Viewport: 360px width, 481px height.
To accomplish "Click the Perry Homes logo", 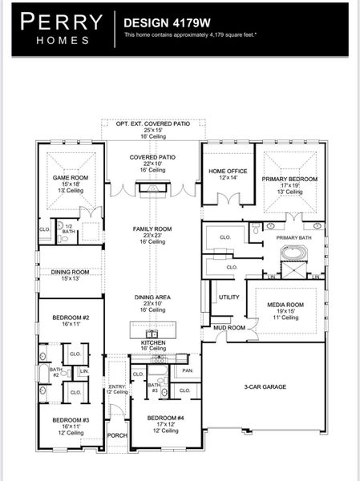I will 61,29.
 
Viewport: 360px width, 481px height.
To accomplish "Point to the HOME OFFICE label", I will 228,172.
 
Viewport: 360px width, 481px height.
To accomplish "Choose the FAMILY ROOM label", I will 152,229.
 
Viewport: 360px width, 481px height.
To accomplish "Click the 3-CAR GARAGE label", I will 265,386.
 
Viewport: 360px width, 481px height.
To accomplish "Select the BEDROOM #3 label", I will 71,420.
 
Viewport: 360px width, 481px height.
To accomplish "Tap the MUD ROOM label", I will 229,328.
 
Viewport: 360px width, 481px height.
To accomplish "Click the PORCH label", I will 117,435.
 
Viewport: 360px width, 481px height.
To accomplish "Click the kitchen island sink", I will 152,333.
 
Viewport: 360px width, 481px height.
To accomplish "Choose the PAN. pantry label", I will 187,370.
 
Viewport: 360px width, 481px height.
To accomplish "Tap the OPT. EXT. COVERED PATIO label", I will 152,124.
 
